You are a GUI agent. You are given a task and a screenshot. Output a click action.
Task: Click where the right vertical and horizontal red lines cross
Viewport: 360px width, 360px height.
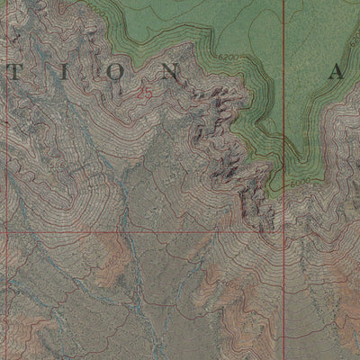pos(283,231)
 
